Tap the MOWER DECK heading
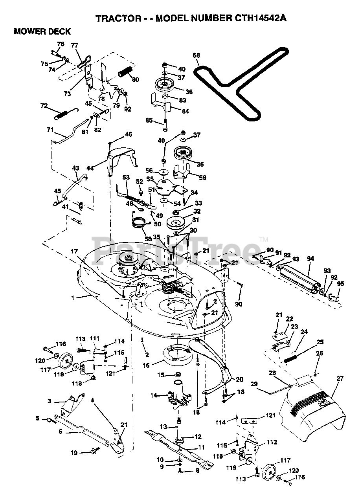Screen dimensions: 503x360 point(42,32)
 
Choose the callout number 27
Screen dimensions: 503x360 point(340,379)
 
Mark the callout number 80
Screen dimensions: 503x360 point(135,79)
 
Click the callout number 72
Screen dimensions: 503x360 point(44,106)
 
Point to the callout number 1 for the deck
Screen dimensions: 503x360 point(72,298)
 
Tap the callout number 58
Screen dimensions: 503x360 point(148,238)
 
